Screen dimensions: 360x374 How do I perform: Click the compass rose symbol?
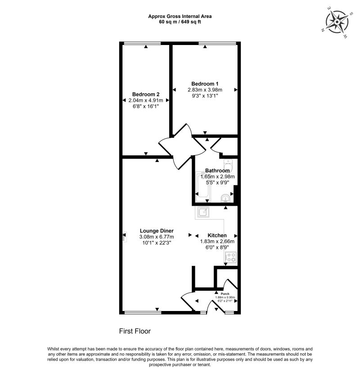(337, 22)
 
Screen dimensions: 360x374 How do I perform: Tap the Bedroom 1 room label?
(205, 84)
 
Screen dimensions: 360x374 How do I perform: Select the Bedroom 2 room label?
(146, 94)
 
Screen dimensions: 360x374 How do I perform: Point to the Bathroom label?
(217, 171)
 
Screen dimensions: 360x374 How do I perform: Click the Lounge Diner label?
(157, 230)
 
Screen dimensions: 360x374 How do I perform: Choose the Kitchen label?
(217, 235)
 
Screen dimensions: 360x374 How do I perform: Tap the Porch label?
(225, 294)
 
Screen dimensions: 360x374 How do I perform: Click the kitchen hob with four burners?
(230, 257)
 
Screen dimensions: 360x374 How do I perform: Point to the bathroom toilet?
(228, 164)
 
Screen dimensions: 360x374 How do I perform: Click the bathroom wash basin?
(226, 198)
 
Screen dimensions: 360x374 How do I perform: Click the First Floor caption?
(135, 331)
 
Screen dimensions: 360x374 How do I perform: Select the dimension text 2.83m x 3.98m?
(205, 90)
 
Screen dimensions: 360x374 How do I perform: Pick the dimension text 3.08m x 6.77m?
(157, 237)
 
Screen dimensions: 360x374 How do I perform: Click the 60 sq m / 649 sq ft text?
(180, 22)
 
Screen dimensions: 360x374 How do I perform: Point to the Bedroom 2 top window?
(142, 43)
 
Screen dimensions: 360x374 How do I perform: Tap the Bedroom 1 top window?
(217, 43)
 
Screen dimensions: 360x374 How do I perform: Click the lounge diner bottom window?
(143, 312)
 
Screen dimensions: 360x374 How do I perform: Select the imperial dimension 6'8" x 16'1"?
(146, 106)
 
